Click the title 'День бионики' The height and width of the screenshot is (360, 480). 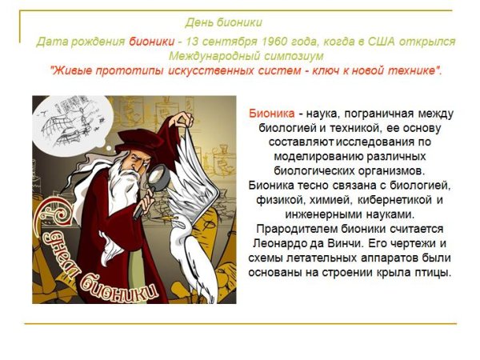tap(223, 22)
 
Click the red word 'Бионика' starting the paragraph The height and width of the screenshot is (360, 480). tap(272, 114)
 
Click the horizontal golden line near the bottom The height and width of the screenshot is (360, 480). tap(240, 324)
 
